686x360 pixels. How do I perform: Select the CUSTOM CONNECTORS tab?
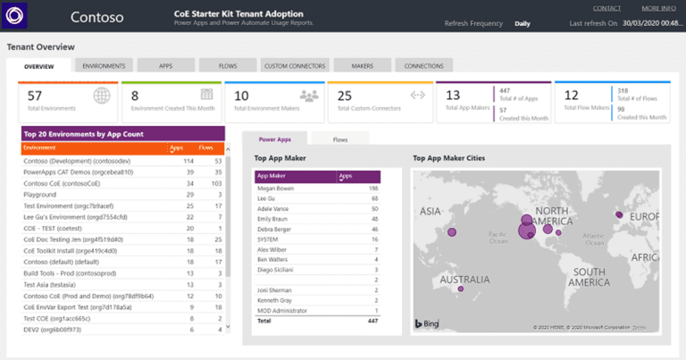pos(294,66)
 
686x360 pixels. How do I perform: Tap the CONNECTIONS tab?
pos(423,66)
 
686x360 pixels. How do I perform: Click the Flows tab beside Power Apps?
pos(339,139)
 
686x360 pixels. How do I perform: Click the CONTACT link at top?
pos(607,8)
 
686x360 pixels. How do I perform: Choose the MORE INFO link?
pos(657,8)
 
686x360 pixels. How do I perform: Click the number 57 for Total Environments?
pos(35,96)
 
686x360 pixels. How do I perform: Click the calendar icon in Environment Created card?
pos(206,95)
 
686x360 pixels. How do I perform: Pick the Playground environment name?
pos(39,193)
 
